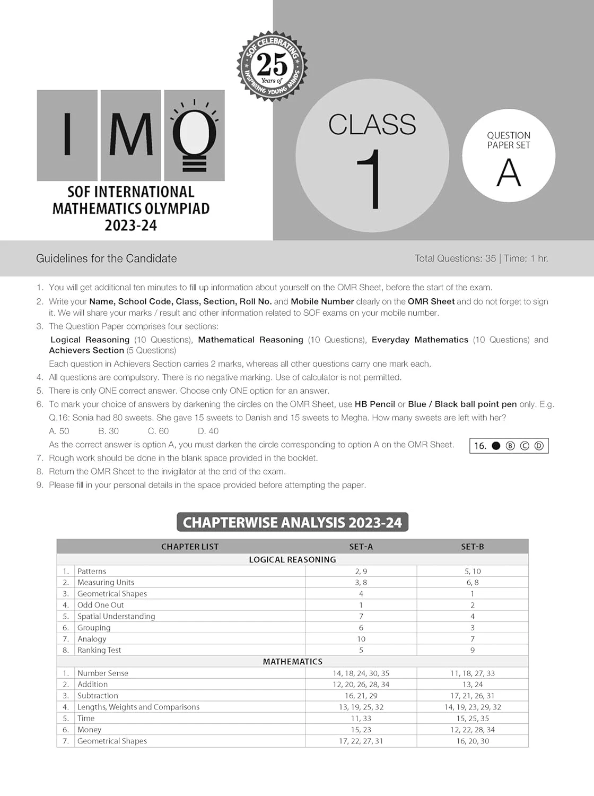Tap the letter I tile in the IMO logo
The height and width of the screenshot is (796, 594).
pos(67,135)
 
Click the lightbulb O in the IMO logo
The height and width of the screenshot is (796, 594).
pos(194,135)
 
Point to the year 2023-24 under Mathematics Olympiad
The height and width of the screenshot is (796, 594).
pos(131,226)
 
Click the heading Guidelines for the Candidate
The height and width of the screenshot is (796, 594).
pos(106,258)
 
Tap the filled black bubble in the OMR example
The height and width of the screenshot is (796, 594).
pos(496,446)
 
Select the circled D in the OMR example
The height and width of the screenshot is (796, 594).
pos(539,446)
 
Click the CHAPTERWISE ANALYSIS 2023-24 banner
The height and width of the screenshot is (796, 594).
pos(292,522)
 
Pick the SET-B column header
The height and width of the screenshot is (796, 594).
pos(472,547)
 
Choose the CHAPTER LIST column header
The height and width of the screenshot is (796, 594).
pos(189,547)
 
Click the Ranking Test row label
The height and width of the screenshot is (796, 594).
pos(99,650)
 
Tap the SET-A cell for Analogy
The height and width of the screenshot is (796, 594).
pos(361,639)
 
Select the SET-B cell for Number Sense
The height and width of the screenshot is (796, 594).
pos(472,673)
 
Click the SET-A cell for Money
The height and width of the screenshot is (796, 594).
pos(361,730)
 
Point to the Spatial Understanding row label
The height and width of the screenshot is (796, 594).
pos(116,616)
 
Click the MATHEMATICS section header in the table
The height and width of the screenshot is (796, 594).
pos(292,662)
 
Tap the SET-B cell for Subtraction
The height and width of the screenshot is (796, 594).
pos(472,696)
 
